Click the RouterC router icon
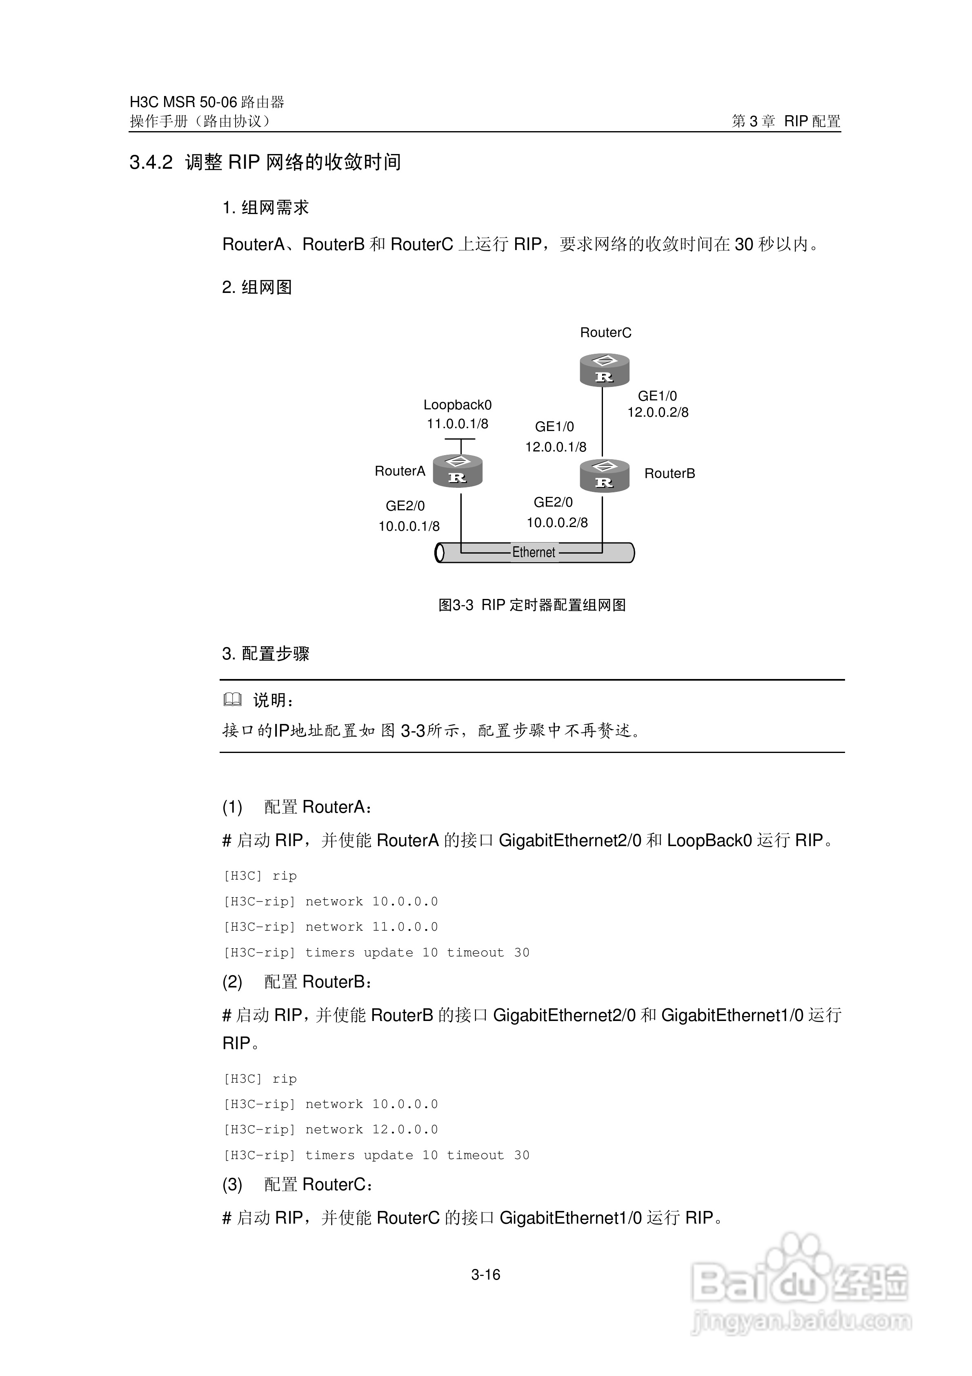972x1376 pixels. click(x=604, y=370)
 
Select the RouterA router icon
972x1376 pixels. click(x=458, y=471)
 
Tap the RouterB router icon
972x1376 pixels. click(x=604, y=475)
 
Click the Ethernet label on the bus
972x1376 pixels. click(x=534, y=552)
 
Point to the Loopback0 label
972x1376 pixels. click(x=458, y=405)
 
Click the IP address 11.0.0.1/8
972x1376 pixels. click(x=458, y=424)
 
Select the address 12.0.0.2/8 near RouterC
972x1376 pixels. click(x=658, y=412)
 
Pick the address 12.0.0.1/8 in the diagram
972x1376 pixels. click(x=556, y=447)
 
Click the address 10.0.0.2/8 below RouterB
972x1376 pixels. click(x=557, y=523)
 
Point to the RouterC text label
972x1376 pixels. click(x=605, y=333)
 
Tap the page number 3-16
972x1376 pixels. click(x=486, y=1275)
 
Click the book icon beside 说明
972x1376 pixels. click(x=232, y=699)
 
